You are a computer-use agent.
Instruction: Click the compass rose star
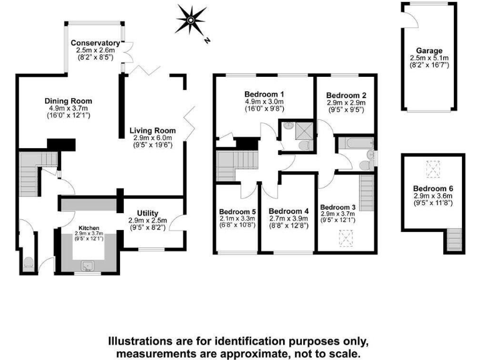(190, 19)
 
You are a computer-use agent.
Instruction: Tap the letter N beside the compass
(207, 40)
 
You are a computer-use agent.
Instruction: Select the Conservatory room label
(96, 42)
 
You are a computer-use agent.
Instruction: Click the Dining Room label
(68, 101)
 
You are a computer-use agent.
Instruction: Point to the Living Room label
(152, 130)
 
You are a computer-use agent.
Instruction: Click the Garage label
(429, 51)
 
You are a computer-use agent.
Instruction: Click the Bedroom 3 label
(338, 206)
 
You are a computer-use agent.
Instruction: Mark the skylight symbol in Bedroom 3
(344, 237)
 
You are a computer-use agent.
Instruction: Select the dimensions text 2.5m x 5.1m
(429, 58)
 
